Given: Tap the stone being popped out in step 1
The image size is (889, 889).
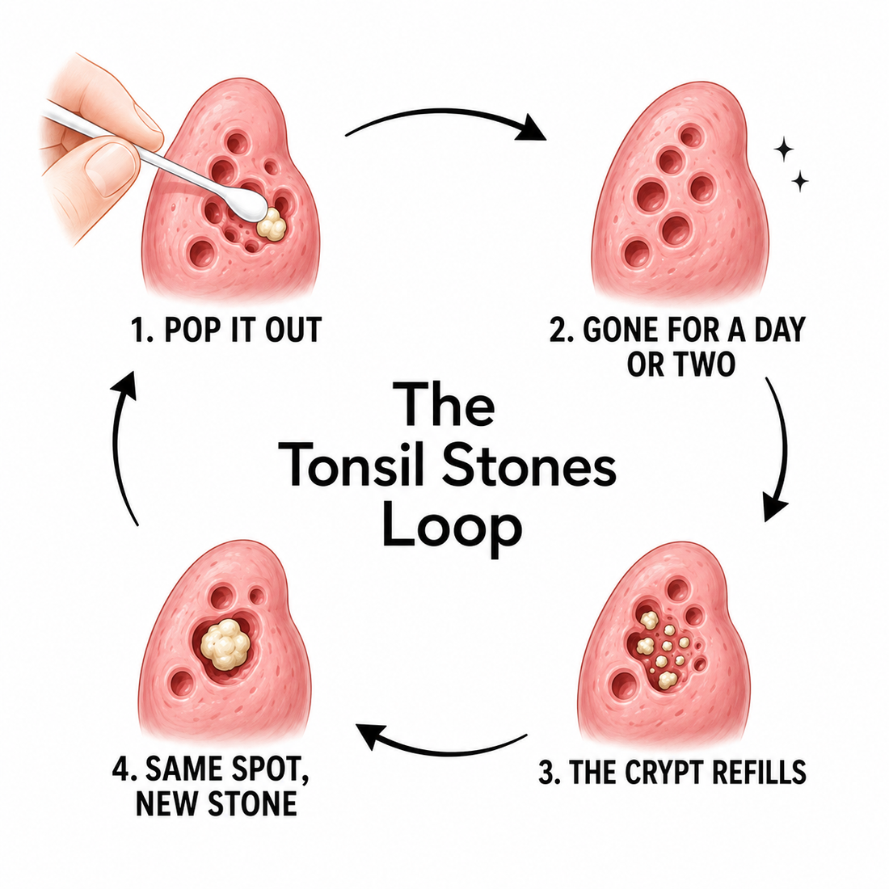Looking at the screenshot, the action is pos(272,224).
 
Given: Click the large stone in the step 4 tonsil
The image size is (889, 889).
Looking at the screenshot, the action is pos(225,644).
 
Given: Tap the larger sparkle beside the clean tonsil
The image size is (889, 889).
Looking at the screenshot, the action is pos(784,150).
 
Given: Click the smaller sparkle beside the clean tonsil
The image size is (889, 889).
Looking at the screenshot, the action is pos(801,181).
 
